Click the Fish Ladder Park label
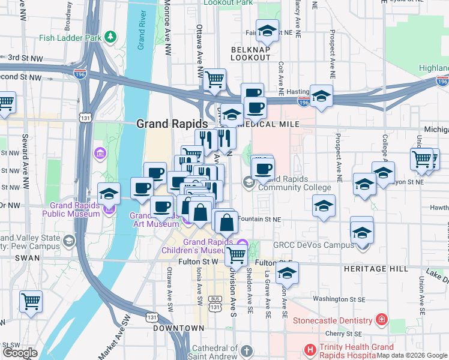click(70, 37)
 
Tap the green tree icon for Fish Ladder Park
click(110, 37)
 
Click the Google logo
click(20, 353)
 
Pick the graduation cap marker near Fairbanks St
click(268, 30)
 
